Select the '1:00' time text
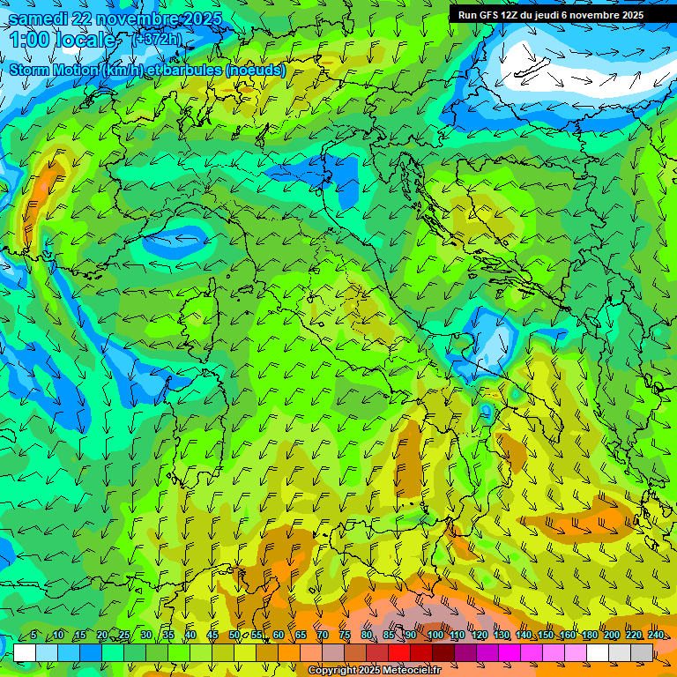point(29,41)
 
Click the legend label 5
point(33,635)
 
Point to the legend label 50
point(234,635)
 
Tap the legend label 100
point(435,635)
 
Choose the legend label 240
point(656,635)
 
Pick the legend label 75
point(345,635)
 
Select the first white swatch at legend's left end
point(25,652)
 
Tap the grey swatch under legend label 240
point(642,652)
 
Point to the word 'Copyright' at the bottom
point(332,671)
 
